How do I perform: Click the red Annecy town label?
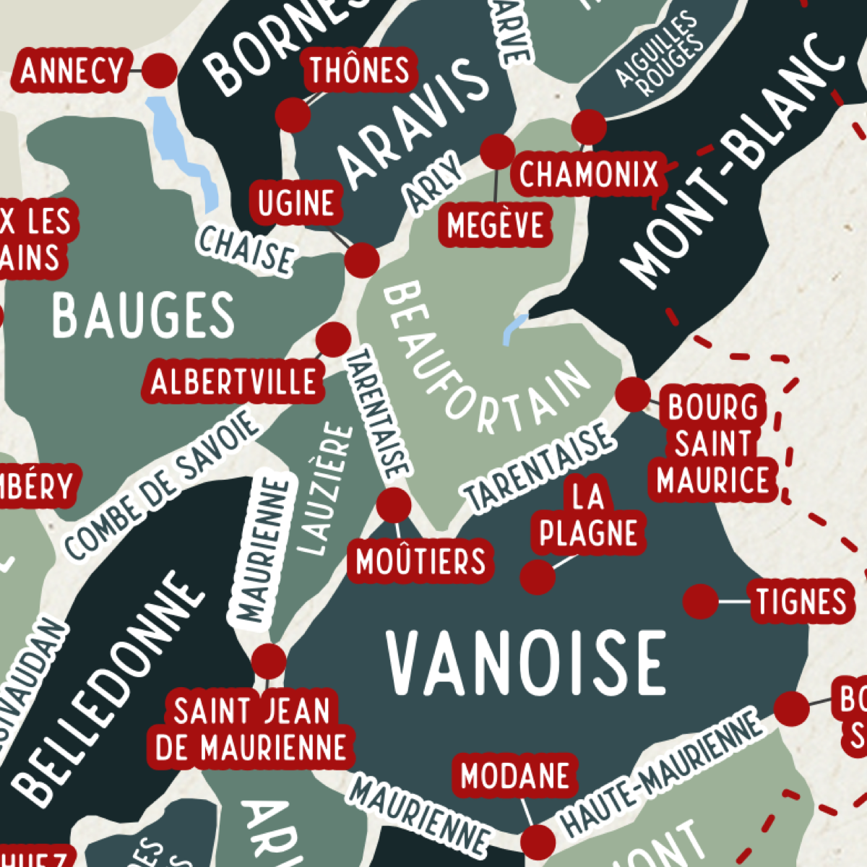click(72, 72)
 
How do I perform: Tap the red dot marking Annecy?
click(160, 71)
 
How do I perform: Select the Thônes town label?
click(360, 71)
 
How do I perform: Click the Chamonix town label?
click(589, 174)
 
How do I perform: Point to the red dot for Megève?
click(497, 151)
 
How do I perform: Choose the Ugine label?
click(297, 204)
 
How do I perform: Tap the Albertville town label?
click(233, 381)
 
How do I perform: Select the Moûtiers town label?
click(420, 561)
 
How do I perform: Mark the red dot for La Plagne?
click(537, 577)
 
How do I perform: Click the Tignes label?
click(801, 601)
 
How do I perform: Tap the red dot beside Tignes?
click(700, 601)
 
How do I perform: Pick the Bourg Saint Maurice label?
click(713, 444)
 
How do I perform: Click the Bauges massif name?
click(143, 315)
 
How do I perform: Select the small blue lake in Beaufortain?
click(514, 327)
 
